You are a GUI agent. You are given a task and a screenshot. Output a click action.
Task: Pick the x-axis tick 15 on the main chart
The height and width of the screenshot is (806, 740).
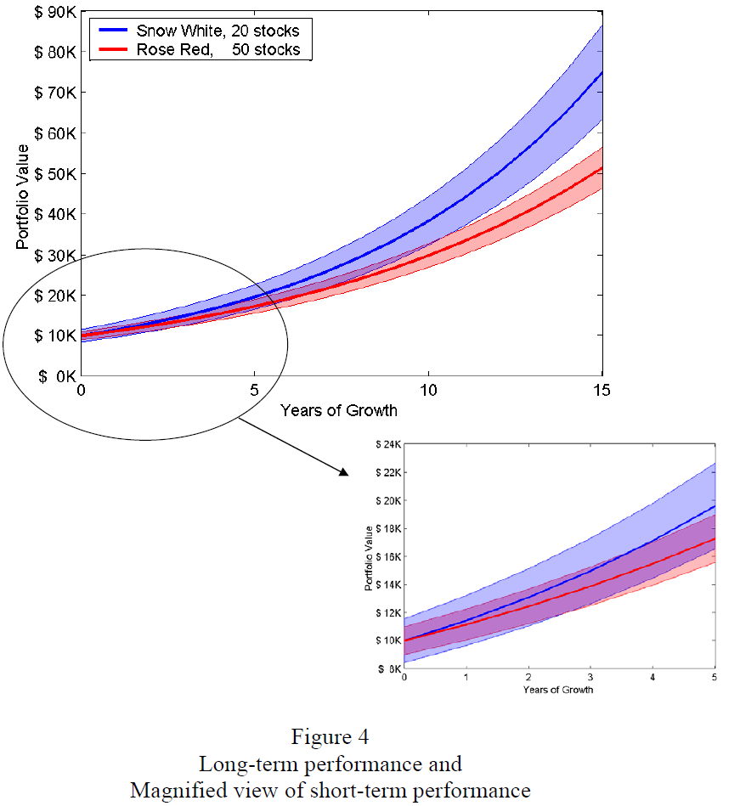[602, 391]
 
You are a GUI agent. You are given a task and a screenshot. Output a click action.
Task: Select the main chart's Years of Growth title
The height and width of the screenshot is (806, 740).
[338, 410]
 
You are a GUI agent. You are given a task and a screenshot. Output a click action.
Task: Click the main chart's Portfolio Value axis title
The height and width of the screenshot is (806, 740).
[23, 197]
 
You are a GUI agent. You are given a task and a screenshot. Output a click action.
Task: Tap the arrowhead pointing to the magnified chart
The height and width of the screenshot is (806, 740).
[345, 472]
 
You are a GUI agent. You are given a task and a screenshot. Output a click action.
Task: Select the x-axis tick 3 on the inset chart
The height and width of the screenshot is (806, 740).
[590, 678]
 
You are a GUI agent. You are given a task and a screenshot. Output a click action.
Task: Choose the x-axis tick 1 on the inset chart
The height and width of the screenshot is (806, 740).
[466, 678]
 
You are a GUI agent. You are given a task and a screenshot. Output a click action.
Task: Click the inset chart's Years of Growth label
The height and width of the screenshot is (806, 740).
[558, 689]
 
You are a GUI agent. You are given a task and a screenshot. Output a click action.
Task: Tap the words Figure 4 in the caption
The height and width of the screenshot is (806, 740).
[330, 736]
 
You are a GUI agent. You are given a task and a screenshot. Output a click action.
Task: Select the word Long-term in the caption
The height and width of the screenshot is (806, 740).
[235, 763]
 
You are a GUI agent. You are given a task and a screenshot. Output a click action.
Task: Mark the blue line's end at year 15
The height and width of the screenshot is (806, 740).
[602, 71]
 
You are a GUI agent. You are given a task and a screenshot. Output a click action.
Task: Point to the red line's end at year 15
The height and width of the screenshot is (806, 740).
[602, 167]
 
